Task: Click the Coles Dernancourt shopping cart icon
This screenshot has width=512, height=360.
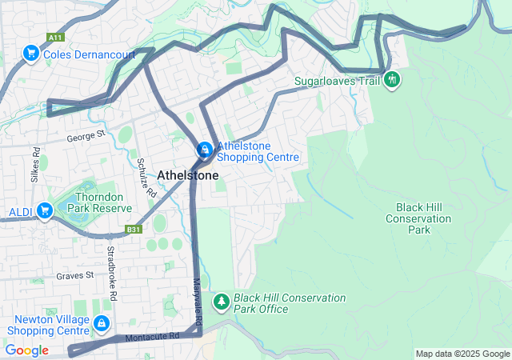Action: (31, 54)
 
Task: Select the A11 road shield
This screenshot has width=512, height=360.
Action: (55, 38)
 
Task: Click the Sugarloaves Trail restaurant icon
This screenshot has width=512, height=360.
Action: (391, 79)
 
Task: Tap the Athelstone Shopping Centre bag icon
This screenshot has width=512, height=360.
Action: (205, 150)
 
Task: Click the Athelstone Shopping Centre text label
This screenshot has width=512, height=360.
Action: (256, 151)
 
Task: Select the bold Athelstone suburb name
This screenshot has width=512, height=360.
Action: (188, 174)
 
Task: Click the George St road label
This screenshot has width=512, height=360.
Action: (86, 137)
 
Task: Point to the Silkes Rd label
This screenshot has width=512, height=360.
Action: (35, 165)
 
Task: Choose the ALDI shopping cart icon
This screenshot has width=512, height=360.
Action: (46, 211)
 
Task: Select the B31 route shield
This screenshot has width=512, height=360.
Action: (133, 230)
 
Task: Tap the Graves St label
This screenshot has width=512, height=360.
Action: (75, 275)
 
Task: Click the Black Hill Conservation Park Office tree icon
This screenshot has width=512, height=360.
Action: (221, 302)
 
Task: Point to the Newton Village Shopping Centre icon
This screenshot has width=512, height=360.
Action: (102, 323)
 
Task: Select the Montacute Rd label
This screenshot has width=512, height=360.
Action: (152, 338)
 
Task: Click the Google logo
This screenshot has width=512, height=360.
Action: (27, 350)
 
